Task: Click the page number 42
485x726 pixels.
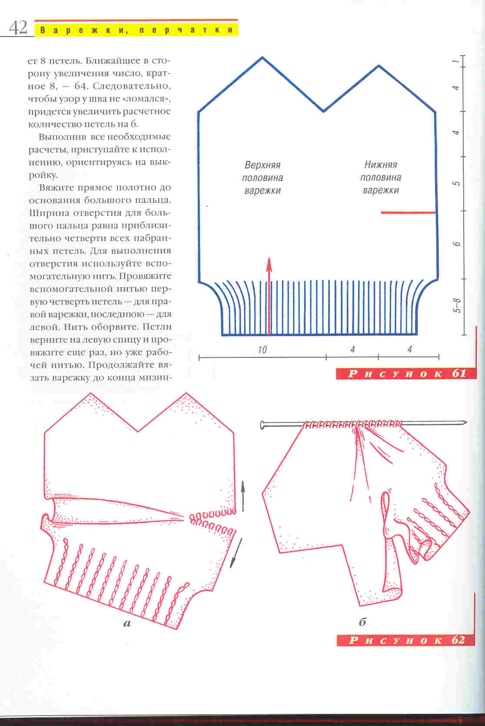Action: tap(18, 28)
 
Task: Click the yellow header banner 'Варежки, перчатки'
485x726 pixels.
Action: tap(136, 30)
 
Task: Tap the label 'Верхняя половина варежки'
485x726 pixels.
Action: tap(262, 178)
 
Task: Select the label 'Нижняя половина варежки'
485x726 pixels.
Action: tap(381, 177)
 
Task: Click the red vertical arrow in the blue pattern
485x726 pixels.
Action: tap(269, 296)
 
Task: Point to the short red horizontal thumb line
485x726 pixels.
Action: tap(409, 212)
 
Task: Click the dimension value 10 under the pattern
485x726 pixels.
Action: tap(262, 350)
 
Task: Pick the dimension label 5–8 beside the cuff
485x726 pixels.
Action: tap(457, 305)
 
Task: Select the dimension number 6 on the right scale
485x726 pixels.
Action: tap(457, 244)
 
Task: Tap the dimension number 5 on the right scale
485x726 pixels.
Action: tap(456, 183)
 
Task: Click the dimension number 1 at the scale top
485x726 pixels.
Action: tap(456, 61)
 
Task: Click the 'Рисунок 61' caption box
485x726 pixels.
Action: tap(406, 373)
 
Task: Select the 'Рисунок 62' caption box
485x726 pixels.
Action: tap(406, 640)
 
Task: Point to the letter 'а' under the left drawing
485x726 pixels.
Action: tap(127, 623)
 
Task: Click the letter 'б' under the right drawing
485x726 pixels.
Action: tap(362, 622)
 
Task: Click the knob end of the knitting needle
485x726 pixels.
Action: tap(262, 425)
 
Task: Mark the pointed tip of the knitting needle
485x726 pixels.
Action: tap(466, 422)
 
